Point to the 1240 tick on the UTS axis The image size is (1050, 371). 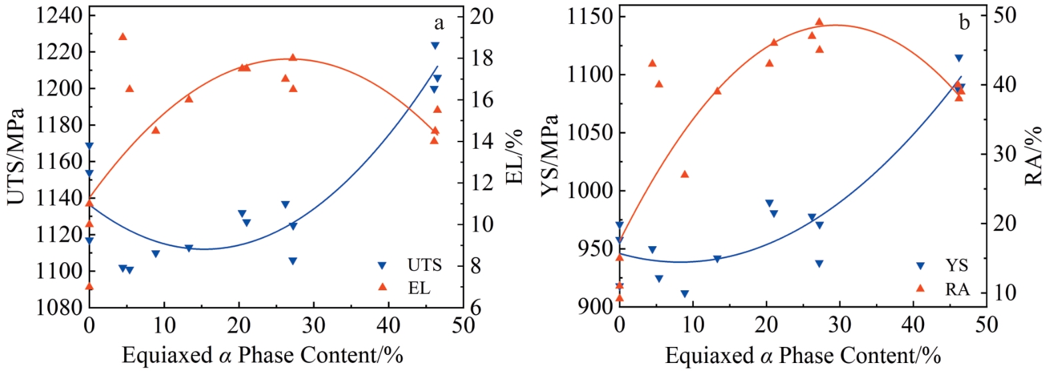[59, 15]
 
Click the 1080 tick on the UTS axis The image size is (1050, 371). [59, 307]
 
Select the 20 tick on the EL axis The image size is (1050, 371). [482, 15]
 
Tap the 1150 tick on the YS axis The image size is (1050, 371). [591, 15]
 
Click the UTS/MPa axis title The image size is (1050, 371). [16, 157]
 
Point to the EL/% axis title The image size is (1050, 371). [514, 157]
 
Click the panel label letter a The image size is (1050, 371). [439, 23]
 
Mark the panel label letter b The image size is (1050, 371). [964, 23]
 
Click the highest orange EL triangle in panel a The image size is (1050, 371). [123, 37]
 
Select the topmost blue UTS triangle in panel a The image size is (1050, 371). [435, 46]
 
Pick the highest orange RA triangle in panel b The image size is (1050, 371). [819, 22]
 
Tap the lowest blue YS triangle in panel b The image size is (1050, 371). [685, 294]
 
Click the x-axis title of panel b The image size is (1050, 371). [803, 355]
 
